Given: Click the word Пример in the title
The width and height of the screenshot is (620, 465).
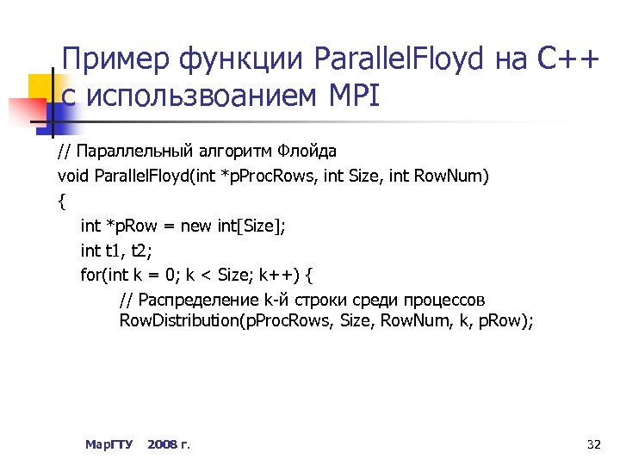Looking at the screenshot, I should [115, 60].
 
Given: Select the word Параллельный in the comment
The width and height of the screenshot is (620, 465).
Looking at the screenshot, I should [129, 152].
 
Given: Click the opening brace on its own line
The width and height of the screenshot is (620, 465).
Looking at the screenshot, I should [61, 201].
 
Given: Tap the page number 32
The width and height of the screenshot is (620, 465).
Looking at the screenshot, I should [592, 444].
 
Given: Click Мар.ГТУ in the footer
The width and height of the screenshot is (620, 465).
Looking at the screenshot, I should [109, 444].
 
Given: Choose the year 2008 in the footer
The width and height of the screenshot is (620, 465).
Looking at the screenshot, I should [162, 444].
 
